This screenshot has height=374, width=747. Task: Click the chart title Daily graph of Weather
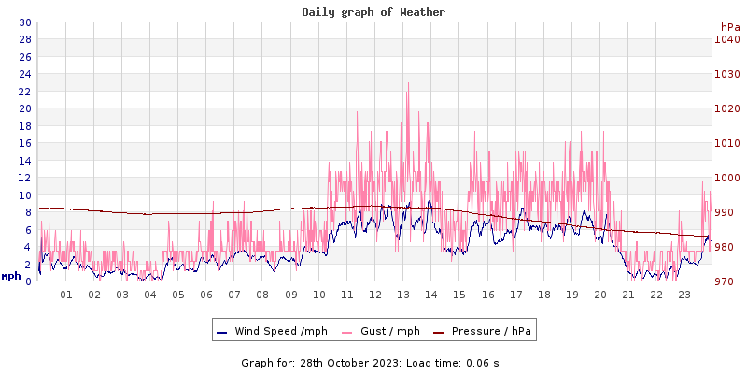pyautogui.click(x=373, y=12)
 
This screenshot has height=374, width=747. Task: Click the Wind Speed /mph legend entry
pyautogui.click(x=279, y=331)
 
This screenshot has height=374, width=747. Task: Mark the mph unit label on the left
pyautogui.click(x=11, y=276)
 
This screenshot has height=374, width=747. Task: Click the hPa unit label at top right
pyautogui.click(x=729, y=28)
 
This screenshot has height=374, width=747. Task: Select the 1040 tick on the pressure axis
pyautogui.click(x=726, y=39)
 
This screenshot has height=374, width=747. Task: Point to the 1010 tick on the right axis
pyautogui.click(x=726, y=143)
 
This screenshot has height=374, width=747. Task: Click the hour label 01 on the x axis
pyautogui.click(x=66, y=295)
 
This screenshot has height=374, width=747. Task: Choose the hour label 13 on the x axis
pyautogui.click(x=403, y=295)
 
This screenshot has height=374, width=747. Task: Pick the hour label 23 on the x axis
pyautogui.click(x=684, y=295)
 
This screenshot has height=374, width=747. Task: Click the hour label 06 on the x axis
pyautogui.click(x=206, y=295)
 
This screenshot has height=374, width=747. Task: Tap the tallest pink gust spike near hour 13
pyautogui.click(x=408, y=84)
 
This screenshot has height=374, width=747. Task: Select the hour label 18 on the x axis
pyautogui.click(x=544, y=295)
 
